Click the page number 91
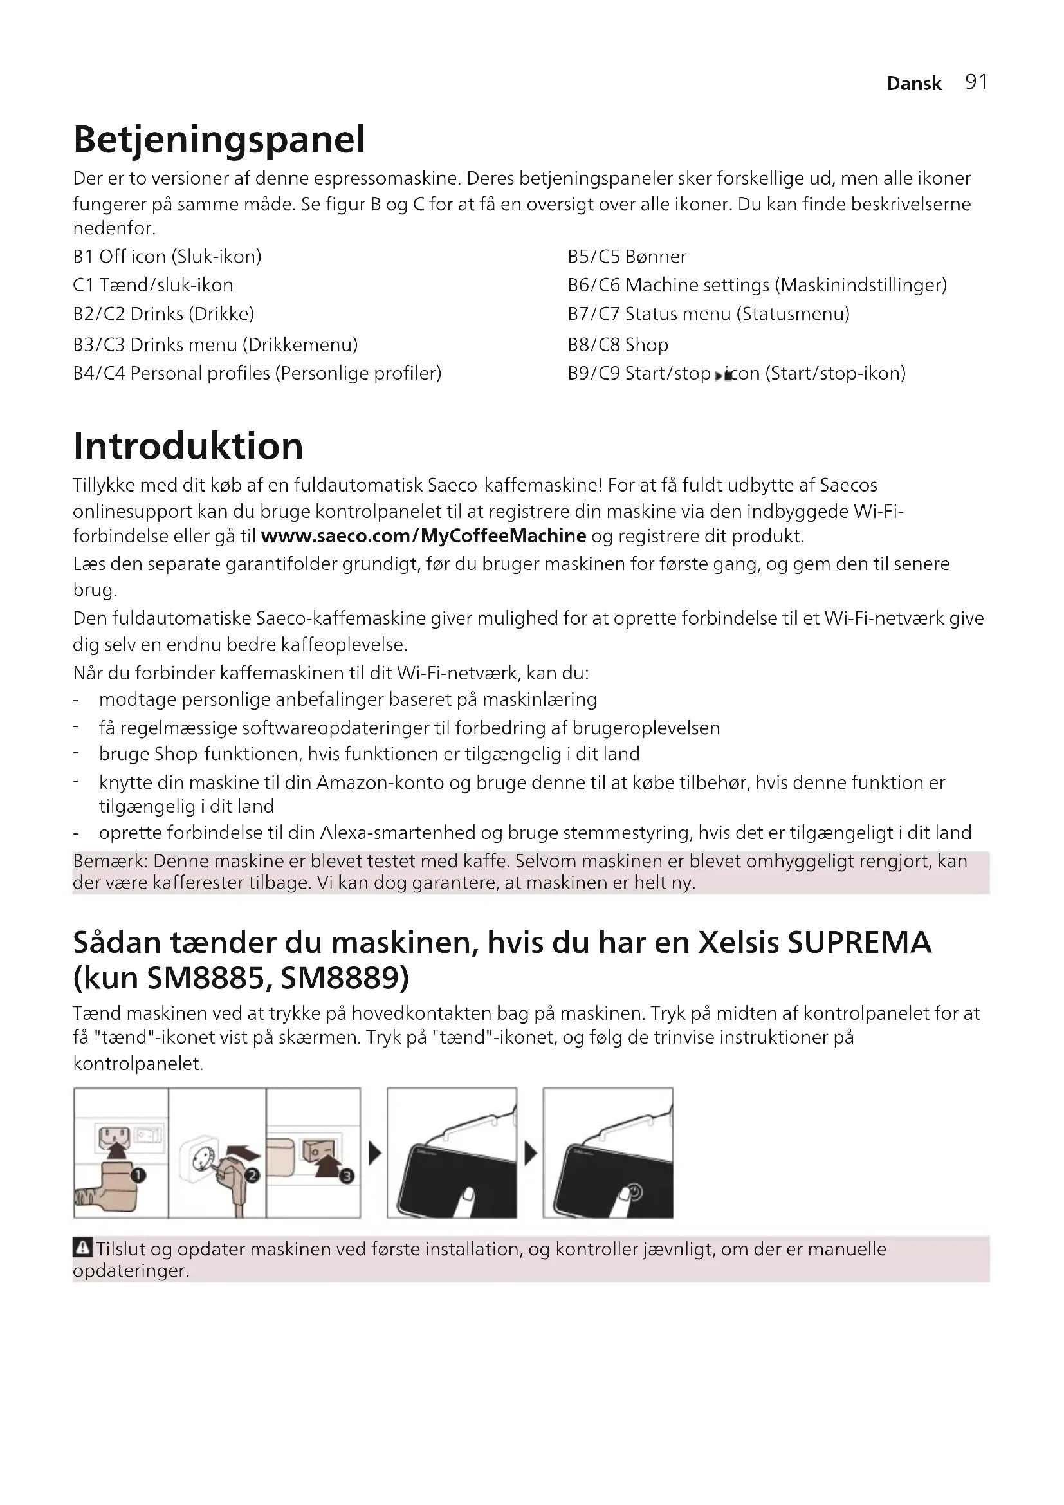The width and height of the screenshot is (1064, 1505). [976, 82]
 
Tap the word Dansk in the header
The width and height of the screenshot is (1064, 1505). [913, 83]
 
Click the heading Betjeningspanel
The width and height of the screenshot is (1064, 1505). [219, 139]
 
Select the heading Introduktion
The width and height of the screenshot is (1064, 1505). [188, 447]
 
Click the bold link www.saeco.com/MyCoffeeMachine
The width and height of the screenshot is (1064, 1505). [423, 536]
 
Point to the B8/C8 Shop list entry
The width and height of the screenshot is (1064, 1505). [618, 345]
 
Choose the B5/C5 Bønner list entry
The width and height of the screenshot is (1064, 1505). [627, 256]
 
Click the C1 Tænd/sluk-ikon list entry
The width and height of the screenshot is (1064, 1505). [153, 285]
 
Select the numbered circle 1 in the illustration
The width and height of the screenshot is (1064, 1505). [138, 1176]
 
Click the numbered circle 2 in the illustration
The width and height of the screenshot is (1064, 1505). [253, 1176]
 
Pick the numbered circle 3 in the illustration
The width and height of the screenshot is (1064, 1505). [347, 1177]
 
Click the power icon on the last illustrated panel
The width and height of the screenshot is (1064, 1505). [634, 1190]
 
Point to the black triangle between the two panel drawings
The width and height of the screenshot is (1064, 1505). [531, 1154]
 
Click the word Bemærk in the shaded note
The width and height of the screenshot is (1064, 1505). [109, 862]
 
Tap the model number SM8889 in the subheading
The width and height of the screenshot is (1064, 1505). [345, 979]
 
